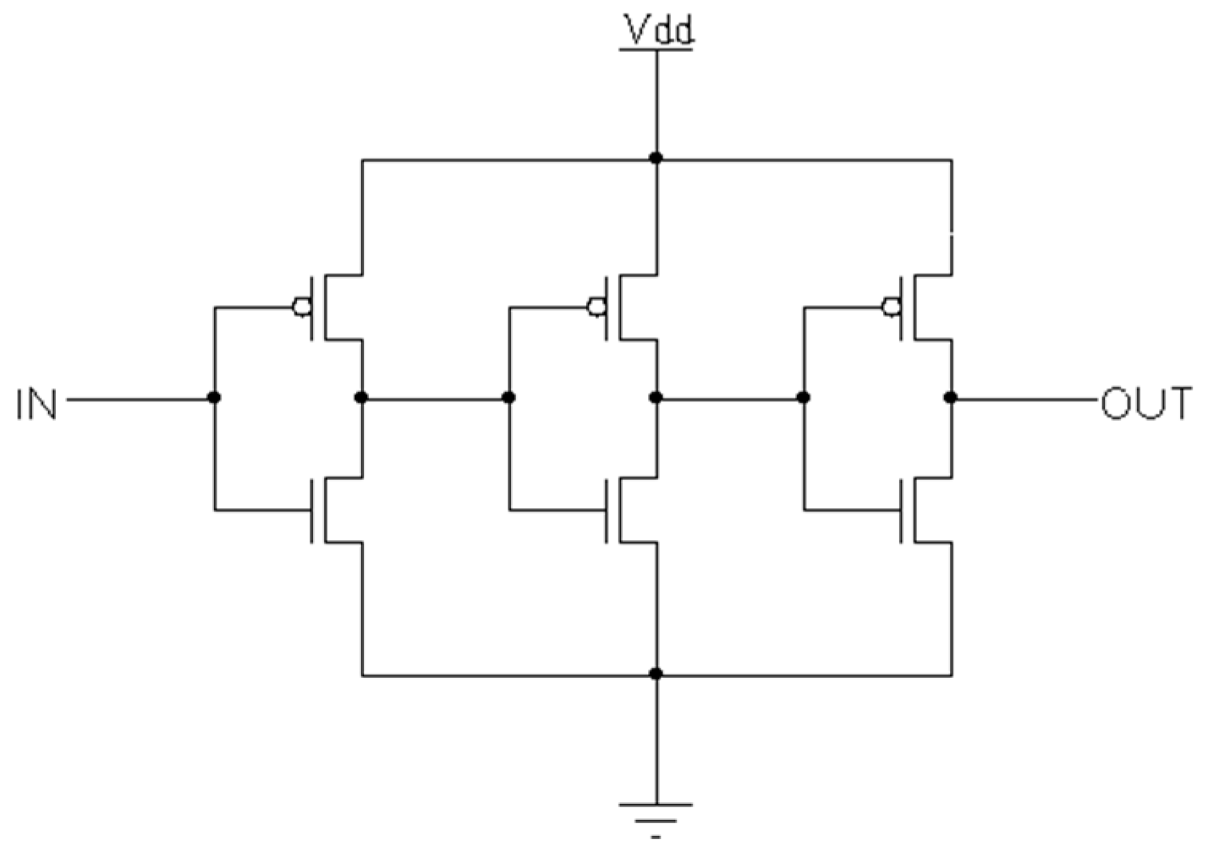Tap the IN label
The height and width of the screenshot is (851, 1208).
(x=36, y=404)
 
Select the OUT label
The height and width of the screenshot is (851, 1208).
(x=1146, y=404)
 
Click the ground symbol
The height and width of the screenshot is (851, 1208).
(x=656, y=814)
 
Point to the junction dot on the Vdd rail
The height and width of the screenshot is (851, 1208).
(x=656, y=158)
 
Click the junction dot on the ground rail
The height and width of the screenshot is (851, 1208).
(x=656, y=675)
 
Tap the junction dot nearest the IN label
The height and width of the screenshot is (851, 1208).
(x=214, y=398)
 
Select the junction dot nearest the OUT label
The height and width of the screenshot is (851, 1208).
(x=950, y=398)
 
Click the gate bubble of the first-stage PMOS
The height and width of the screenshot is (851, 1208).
(x=302, y=307)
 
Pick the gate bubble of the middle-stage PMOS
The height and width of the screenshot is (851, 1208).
(x=596, y=307)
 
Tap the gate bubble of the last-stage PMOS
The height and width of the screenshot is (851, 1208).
(x=890, y=307)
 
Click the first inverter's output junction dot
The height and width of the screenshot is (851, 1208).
(x=362, y=398)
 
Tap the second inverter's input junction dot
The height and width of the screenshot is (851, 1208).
(x=509, y=398)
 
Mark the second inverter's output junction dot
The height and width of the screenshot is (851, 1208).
(x=656, y=398)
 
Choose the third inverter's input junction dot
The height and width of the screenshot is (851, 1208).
(x=803, y=398)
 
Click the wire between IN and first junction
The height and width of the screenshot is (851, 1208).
(x=140, y=398)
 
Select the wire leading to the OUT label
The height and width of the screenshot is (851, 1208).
(x=1026, y=398)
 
